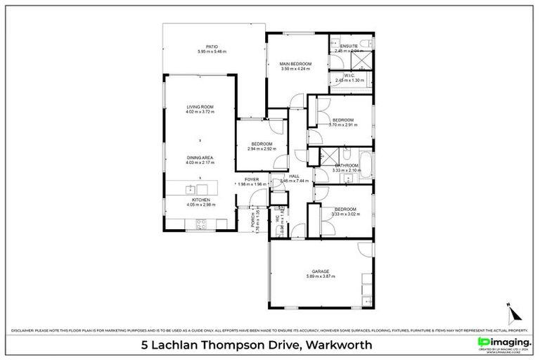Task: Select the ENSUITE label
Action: coord(349,46)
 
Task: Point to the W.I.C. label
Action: coord(349,75)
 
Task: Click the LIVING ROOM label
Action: coord(200,107)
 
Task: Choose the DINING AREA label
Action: coord(200,157)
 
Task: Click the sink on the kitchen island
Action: coord(190,188)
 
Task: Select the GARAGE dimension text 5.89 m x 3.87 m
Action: coord(321,276)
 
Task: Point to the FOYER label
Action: coord(252,179)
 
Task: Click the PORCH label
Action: coord(243,220)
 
